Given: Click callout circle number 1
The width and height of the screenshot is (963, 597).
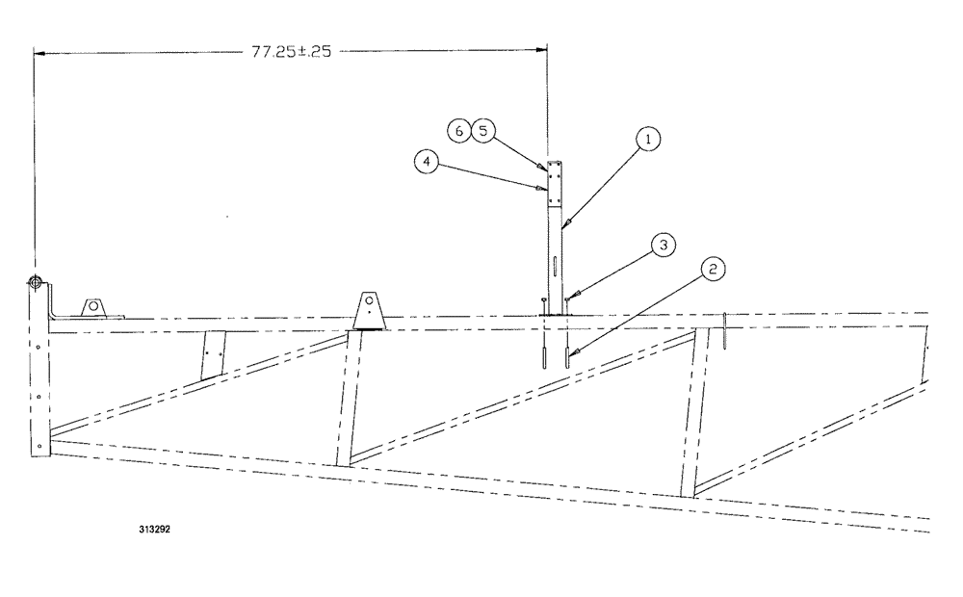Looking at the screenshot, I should tap(649, 141).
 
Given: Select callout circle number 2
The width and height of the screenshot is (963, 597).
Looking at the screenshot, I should tap(713, 271).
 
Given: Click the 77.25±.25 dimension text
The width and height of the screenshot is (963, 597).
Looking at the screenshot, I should tap(291, 52).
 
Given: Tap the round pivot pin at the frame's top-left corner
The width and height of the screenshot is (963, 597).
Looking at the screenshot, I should tap(35, 282).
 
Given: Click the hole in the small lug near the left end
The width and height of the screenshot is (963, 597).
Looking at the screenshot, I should tap(94, 307).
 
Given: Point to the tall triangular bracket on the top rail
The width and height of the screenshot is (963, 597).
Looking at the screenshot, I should tap(368, 310).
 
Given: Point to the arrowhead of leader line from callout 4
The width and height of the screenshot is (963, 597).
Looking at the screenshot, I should tap(541, 189).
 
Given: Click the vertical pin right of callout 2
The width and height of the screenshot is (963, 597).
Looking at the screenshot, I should tap(724, 331).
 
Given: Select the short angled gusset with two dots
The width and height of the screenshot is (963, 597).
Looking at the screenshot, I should tap(213, 355).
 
